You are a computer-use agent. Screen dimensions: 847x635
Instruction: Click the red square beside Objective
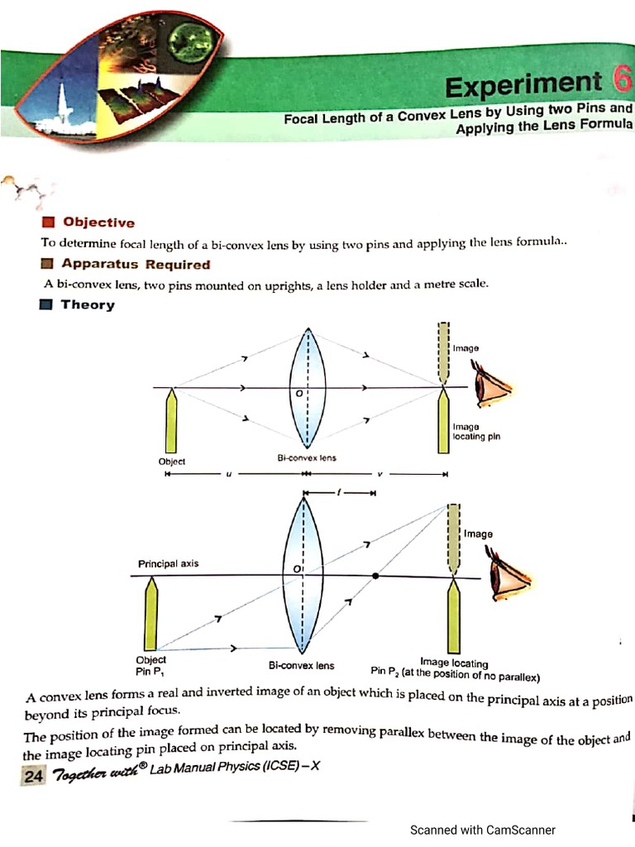(x=48, y=222)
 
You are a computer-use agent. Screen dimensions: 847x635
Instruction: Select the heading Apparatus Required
(x=136, y=265)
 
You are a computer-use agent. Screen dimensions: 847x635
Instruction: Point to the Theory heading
(x=87, y=305)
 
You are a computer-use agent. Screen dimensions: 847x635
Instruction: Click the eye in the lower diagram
(x=506, y=576)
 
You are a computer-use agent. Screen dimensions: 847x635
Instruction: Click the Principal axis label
(x=168, y=563)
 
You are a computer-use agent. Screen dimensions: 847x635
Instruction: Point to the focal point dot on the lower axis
(x=375, y=576)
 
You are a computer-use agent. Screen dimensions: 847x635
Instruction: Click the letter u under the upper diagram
(x=228, y=475)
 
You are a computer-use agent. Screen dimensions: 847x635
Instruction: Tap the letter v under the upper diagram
(x=379, y=475)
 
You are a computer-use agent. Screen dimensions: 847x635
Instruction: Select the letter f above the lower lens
(x=338, y=493)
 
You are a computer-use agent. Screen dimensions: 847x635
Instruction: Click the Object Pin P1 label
(x=150, y=664)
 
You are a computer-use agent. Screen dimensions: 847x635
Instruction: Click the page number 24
(x=33, y=775)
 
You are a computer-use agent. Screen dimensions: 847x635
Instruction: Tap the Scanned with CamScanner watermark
(x=483, y=830)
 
